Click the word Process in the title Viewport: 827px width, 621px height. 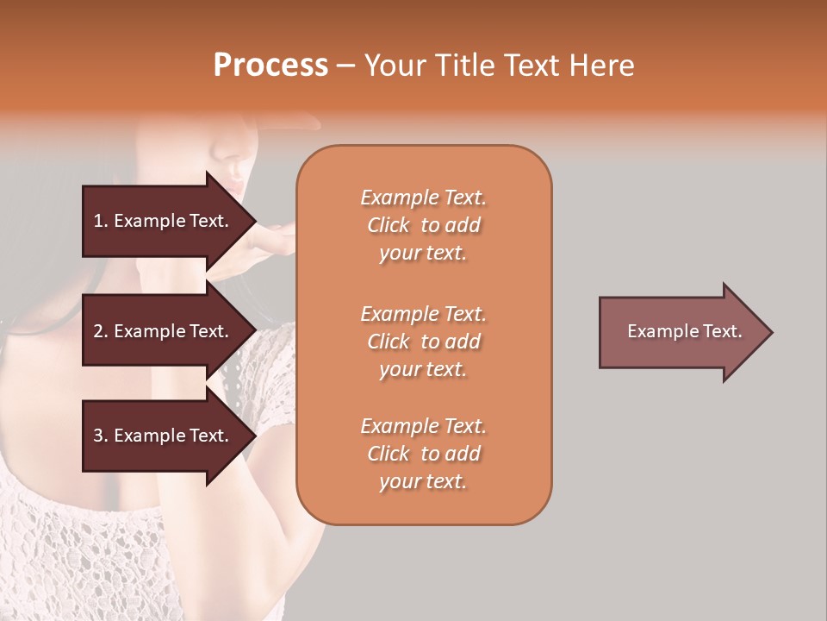(x=270, y=66)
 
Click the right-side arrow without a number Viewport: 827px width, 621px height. (x=681, y=332)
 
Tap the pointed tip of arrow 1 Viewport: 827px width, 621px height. (x=252, y=221)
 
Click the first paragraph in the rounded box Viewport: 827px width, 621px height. (x=423, y=225)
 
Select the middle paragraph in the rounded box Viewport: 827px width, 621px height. (x=423, y=342)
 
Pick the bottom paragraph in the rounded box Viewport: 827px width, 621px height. (x=423, y=454)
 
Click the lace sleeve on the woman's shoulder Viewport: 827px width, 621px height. (x=258, y=362)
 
